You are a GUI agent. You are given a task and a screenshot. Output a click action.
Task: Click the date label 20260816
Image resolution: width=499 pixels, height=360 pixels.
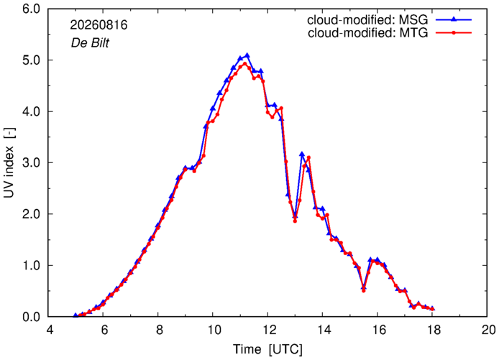99,25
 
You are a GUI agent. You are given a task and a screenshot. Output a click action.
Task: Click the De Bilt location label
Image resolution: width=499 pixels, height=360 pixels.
90,43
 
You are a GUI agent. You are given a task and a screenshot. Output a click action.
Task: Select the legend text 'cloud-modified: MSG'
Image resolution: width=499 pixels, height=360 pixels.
367,20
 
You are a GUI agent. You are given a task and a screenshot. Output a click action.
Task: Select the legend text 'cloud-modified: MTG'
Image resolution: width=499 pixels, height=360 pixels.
368,33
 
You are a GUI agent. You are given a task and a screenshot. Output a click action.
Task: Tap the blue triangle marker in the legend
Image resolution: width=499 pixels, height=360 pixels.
454,19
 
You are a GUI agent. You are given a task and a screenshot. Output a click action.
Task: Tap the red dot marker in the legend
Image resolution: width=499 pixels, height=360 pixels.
454,33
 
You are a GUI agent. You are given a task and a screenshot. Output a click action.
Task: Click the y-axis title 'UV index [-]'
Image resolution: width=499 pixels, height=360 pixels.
9,162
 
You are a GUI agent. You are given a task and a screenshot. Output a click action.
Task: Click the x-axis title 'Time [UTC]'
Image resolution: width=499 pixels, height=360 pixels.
267,349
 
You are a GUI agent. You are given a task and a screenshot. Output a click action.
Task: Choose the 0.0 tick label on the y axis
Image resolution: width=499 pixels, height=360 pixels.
32,317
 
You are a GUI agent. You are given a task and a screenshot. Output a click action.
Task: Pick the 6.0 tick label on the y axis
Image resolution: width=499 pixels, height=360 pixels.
32,9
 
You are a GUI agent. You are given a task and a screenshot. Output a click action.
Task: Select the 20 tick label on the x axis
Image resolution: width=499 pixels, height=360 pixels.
487,330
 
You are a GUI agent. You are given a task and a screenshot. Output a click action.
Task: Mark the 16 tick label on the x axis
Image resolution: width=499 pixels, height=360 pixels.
377,330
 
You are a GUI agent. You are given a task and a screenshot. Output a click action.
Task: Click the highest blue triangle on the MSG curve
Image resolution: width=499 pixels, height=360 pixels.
247,55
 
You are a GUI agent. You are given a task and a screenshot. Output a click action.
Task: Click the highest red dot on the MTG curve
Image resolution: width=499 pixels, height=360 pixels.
244,64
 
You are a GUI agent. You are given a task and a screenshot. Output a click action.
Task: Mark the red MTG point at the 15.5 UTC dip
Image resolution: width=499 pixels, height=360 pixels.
363,290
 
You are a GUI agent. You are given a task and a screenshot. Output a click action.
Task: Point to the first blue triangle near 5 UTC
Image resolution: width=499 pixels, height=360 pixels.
75,315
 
